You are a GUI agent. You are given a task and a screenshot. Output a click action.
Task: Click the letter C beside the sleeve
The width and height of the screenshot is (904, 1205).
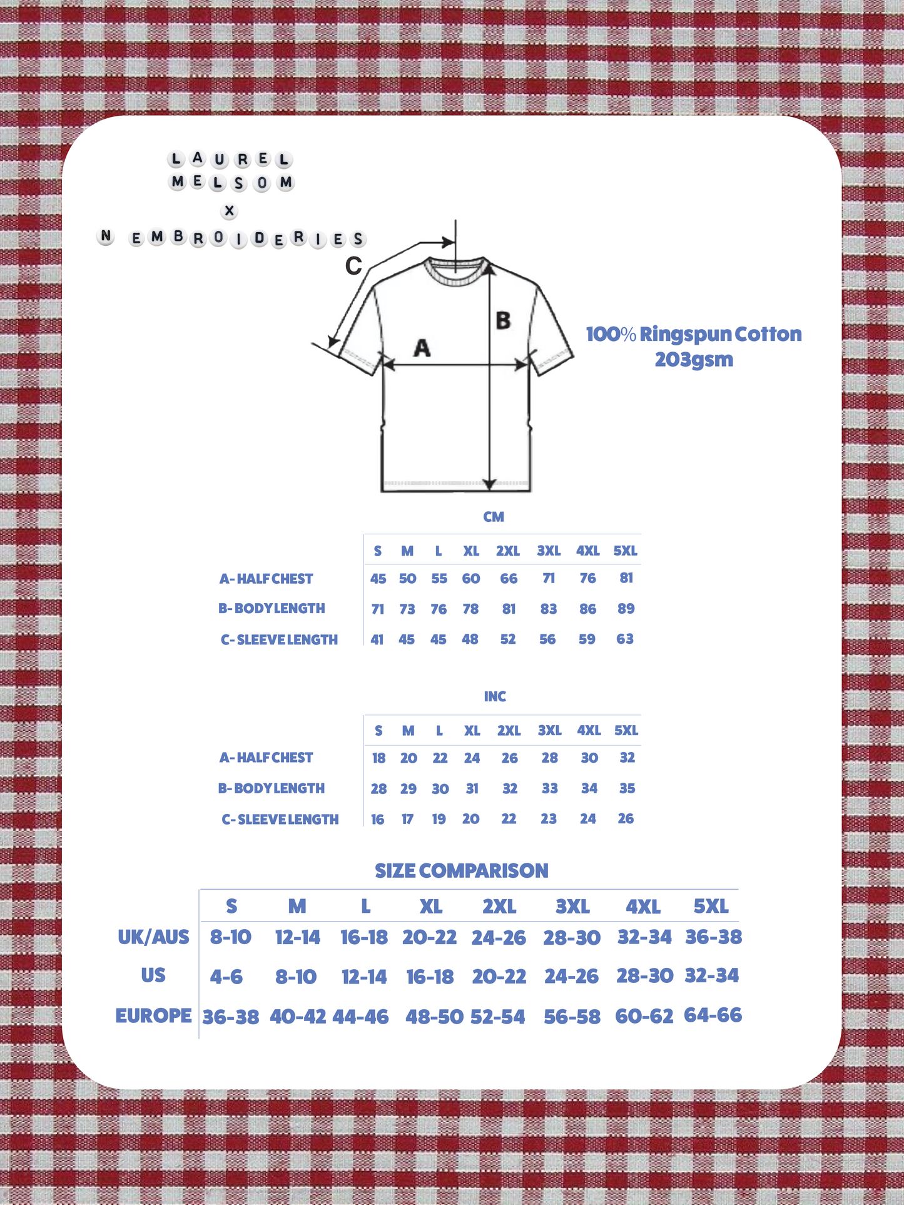[353, 266]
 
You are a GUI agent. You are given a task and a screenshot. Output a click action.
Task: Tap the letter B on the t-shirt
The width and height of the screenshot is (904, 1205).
[503, 320]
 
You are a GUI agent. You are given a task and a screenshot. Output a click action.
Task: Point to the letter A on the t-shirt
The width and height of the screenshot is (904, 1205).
[422, 347]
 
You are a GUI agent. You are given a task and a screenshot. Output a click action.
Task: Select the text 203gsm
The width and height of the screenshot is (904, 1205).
[694, 360]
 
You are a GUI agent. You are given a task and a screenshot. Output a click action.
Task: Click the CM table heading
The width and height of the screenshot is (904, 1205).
[494, 517]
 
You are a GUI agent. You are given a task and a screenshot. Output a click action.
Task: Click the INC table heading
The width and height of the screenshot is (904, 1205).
[495, 696]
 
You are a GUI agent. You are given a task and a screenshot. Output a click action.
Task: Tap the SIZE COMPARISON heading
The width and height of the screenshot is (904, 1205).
[462, 870]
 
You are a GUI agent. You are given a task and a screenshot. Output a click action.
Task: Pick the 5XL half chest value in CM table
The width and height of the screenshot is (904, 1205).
[626, 578]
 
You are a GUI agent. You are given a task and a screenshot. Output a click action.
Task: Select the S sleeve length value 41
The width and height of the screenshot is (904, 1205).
[377, 639]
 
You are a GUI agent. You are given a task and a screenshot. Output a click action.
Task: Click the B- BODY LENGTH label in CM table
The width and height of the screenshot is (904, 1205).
[272, 608]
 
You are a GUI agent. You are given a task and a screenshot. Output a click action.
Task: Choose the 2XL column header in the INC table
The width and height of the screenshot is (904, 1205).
[509, 730]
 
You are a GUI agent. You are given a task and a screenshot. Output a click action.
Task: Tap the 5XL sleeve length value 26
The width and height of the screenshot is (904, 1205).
[626, 818]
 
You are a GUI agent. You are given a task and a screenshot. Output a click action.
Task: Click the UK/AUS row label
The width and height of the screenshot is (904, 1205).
[153, 937]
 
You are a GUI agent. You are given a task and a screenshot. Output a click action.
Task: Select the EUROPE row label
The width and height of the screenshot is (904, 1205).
[153, 1015]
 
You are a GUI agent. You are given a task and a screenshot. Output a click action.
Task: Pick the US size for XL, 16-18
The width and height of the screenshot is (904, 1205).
[430, 977]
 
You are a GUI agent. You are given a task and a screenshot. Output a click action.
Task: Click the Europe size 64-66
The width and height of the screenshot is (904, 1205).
[713, 1015]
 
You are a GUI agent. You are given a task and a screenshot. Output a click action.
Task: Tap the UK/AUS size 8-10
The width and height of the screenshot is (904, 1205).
[230, 937]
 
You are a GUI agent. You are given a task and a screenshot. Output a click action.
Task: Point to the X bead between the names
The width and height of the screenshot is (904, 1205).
[230, 211]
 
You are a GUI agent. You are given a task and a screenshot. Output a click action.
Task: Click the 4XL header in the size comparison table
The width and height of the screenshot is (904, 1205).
[643, 907]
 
